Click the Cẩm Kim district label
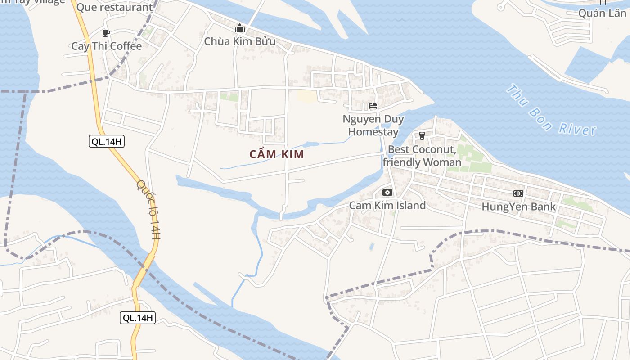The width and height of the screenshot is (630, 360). coord(277,154)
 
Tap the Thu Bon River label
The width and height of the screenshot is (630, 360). coord(551,110)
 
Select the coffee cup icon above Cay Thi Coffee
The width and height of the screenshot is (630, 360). coord(106,33)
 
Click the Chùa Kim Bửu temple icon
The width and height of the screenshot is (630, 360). coord(239,28)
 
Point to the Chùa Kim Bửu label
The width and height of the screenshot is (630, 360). coord(239,41)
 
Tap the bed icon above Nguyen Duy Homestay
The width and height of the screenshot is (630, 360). coord(373,106)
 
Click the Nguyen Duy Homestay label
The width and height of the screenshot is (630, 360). coord(373,126)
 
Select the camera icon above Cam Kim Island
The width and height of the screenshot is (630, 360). coord(387,193)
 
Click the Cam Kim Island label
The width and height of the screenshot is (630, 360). coord(387,206)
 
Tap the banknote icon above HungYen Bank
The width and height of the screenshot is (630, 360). coord(518,193)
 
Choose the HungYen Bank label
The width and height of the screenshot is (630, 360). coord(518,207)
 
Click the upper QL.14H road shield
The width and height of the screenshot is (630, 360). coord(107,142)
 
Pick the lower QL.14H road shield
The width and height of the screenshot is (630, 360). coord(138,318)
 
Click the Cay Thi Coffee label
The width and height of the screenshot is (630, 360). coord(107,46)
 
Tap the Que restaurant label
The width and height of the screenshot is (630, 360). coord(114,7)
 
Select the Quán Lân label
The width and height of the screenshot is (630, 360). coord(602,13)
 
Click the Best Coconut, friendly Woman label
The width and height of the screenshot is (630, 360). coord(422,156)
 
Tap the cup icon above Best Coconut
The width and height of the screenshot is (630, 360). coord(422,135)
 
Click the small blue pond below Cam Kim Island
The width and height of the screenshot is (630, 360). coord(371,246)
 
